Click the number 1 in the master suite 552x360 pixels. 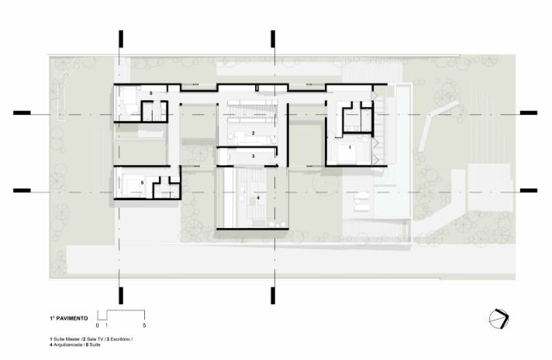[350, 147]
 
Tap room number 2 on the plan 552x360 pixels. [253, 133]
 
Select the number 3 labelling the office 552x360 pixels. [253, 156]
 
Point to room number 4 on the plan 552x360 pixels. [258, 198]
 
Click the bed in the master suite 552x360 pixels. [347, 153]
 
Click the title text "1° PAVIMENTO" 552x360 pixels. [69, 318]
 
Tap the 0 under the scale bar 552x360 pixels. [98, 326]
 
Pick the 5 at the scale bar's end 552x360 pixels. [144, 326]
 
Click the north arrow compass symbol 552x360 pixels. [499, 319]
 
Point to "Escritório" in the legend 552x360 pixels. [121, 339]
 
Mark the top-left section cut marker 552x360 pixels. [121, 39]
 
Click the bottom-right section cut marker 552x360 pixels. [273, 296]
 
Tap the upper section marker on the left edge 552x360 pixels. [22, 112]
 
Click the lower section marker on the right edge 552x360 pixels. [529, 191]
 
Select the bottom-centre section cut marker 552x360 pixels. [273, 296]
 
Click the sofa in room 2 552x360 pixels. [247, 137]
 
